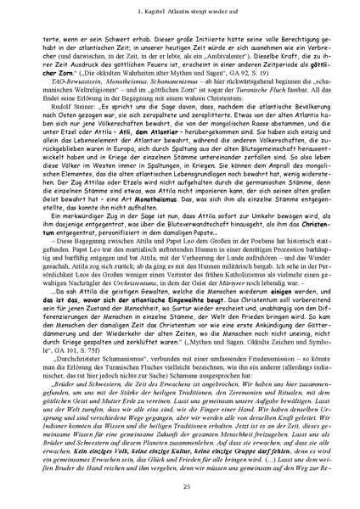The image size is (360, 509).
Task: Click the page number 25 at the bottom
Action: click(180, 484)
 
